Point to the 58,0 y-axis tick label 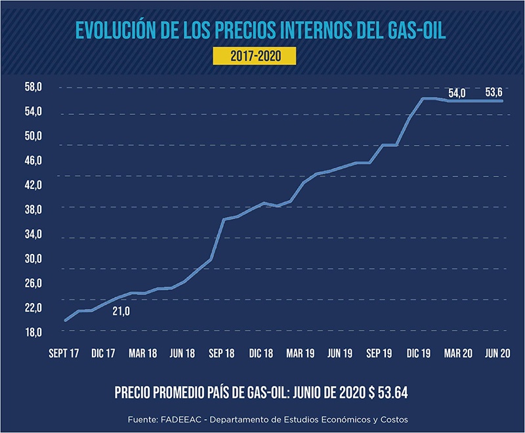33,87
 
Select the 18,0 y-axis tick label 33,333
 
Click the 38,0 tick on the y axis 33,210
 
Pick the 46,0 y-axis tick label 33,161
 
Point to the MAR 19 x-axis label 300,354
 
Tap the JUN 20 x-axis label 497,354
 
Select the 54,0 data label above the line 457,93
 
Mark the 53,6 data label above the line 494,93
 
